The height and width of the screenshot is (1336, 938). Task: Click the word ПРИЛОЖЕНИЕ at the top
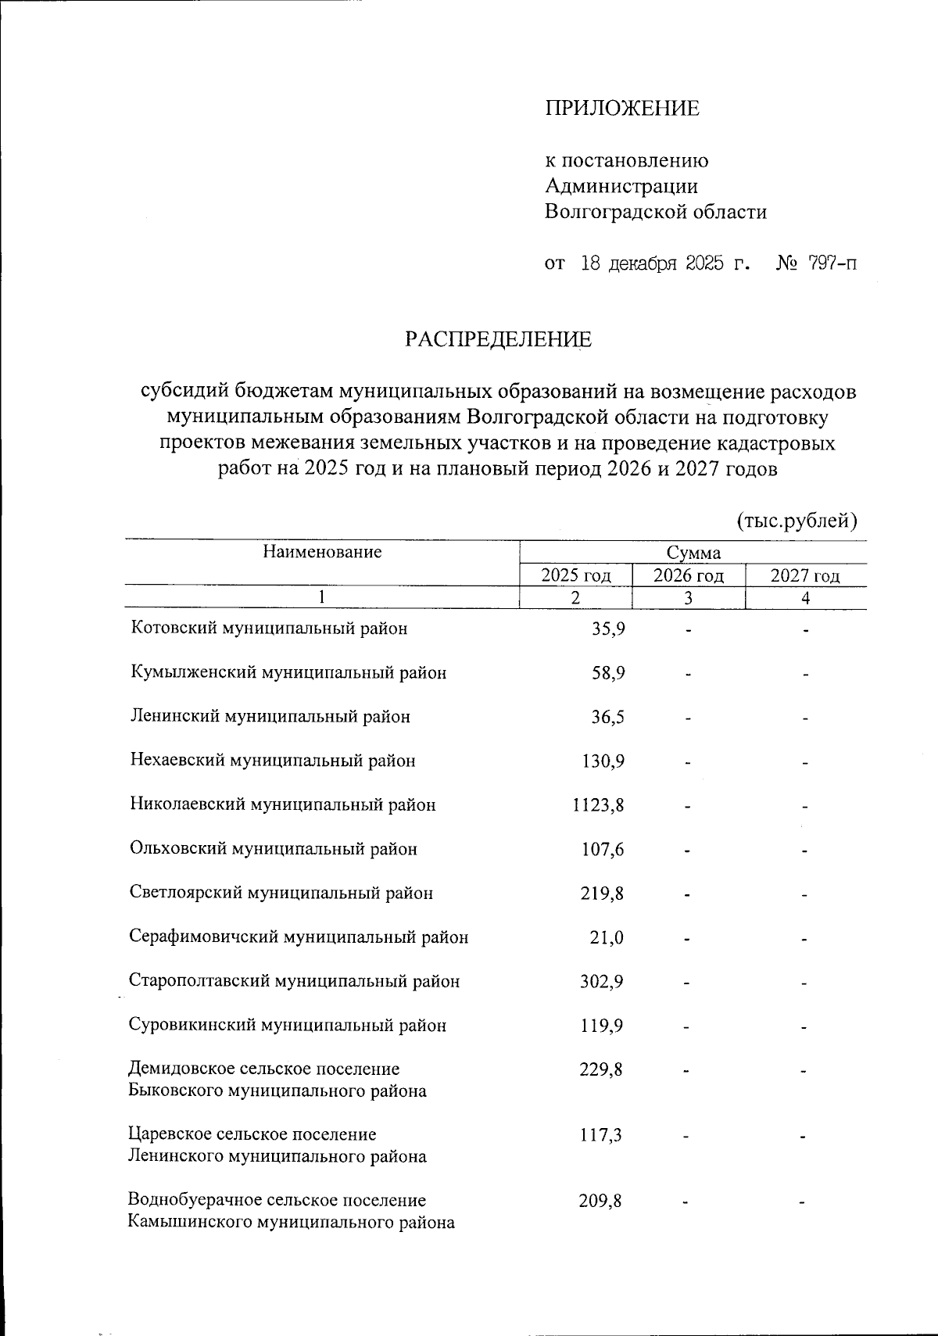coord(621,109)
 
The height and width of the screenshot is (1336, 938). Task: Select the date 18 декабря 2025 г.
coord(664,263)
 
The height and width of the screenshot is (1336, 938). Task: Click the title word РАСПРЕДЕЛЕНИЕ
coord(498,339)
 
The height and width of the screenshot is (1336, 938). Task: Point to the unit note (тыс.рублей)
coord(797,520)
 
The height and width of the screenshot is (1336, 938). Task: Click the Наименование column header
coord(322,552)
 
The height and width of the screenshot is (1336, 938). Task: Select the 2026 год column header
coord(689,576)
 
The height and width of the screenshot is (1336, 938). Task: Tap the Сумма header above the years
coord(693,553)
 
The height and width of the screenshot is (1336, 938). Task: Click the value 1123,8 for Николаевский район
coord(599,804)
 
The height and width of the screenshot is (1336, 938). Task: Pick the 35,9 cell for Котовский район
coord(608,629)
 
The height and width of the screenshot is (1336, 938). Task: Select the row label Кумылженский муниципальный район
coord(288,672)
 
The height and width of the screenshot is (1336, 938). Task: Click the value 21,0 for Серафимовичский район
coord(607,937)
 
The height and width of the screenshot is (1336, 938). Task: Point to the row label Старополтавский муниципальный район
coord(295,981)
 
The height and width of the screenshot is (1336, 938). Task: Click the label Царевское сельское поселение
coord(252,1134)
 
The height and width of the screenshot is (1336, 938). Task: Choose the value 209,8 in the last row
coord(600,1200)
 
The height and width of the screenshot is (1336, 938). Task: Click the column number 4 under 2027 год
coord(805,598)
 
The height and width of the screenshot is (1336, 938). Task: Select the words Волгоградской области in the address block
coord(655,212)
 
